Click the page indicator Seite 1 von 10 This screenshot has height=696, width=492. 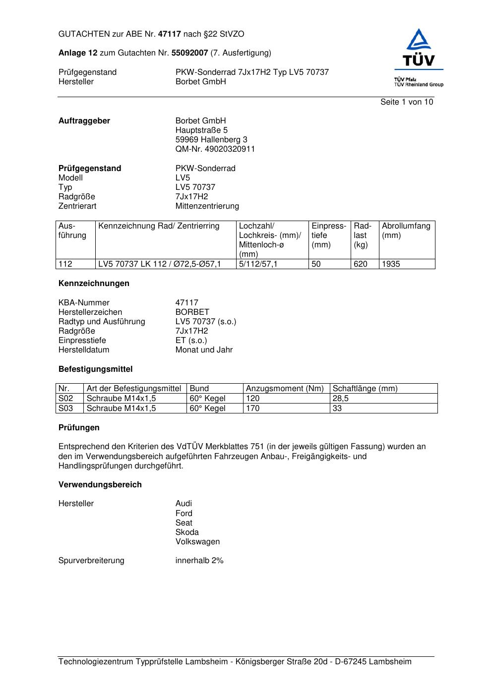tap(406, 102)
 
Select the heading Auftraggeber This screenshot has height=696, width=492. tap(84, 121)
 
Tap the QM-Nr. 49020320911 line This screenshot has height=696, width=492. tap(215, 149)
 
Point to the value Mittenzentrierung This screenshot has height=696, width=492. tap(207, 206)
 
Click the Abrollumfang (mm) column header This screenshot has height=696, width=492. tap(406, 231)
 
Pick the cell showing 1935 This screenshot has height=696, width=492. tap(391, 264)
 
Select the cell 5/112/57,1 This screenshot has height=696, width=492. tap(258, 264)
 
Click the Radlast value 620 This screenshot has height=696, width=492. tap(361, 264)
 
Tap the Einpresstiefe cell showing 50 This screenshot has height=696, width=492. tap(316, 264)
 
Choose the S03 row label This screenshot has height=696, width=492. tap(65, 408)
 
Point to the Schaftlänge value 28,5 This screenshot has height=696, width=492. tap(340, 399)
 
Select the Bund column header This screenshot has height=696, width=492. tap(199, 389)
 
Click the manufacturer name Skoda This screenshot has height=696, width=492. tap(187, 532)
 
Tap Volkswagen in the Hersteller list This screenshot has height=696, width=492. tap(197, 542)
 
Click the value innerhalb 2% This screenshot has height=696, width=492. tap(199, 561)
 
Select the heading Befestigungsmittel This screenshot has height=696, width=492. tap(95, 369)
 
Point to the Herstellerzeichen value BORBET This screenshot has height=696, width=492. tap(192, 312)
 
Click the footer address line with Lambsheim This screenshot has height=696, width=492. tap(235, 662)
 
